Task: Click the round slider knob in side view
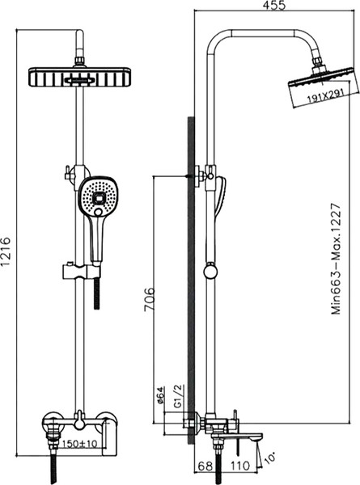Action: (212, 271)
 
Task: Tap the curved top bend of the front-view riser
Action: (81, 36)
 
